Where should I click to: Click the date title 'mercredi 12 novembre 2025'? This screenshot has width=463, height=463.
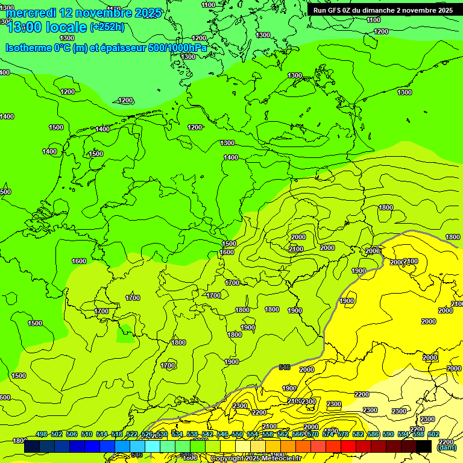point(83,13)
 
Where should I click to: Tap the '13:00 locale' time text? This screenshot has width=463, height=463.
point(46,27)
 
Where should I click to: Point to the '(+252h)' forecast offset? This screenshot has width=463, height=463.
point(107,27)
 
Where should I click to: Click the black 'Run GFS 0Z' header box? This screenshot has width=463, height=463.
point(383,10)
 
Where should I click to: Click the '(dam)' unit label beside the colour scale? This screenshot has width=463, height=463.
point(446,448)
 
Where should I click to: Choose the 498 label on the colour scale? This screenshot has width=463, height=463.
point(42,434)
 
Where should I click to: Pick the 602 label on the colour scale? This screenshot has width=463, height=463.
point(433,434)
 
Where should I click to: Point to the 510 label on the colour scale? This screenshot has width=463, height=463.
point(87,434)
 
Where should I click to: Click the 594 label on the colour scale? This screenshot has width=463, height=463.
point(403,434)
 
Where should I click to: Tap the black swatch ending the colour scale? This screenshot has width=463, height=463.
point(424,446)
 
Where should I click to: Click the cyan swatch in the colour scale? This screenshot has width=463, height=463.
point(153,446)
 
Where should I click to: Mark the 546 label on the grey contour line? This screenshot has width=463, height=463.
point(285,367)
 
